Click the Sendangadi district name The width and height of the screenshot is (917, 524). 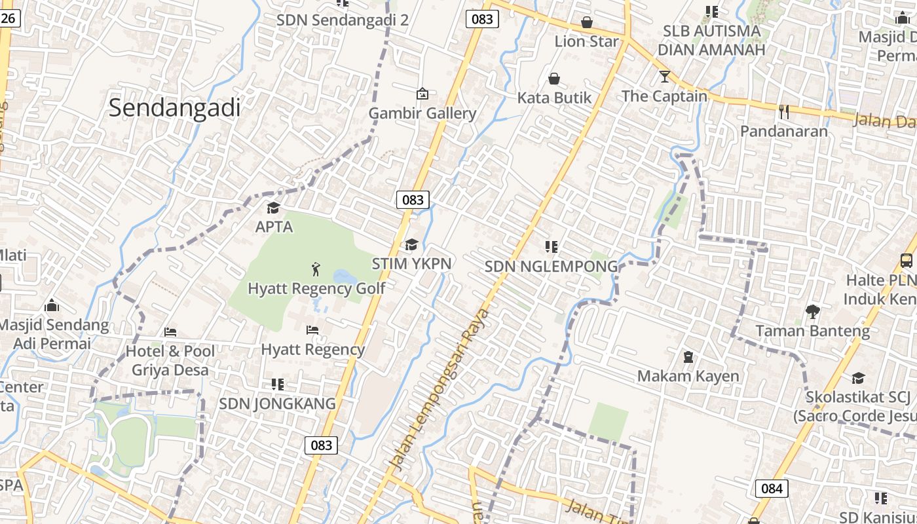(x=175, y=107)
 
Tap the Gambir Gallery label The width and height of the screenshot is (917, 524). (x=422, y=113)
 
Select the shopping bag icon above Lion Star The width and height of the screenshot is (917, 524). (x=587, y=23)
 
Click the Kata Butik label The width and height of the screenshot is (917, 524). (x=554, y=98)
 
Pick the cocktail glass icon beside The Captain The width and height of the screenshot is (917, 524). (x=665, y=77)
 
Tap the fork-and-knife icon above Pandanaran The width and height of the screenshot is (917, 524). (x=783, y=112)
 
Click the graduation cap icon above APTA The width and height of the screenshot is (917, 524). (x=273, y=208)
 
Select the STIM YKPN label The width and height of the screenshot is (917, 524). (x=411, y=263)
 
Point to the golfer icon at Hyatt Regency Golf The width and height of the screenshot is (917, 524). (x=316, y=269)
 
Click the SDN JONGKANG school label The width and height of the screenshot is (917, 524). (x=277, y=403)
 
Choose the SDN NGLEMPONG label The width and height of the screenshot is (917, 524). (x=551, y=267)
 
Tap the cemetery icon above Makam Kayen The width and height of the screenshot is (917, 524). (x=688, y=357)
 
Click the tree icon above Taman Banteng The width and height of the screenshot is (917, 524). (x=813, y=312)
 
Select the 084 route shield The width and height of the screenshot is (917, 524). (x=772, y=488)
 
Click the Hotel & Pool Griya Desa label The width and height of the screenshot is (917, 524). (x=170, y=360)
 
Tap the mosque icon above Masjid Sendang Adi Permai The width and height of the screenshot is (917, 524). (x=52, y=305)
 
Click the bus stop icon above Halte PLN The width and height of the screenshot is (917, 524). (x=907, y=261)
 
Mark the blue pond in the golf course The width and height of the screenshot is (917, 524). (x=345, y=278)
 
